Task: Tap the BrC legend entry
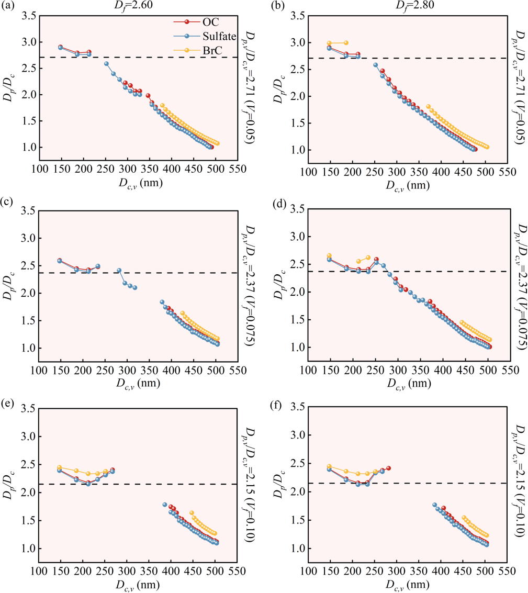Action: coord(210,49)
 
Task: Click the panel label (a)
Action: coord(8,6)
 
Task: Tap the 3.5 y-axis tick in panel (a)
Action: coord(29,16)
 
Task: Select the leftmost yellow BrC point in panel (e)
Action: coord(60,467)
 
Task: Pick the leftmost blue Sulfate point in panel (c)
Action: coord(60,261)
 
